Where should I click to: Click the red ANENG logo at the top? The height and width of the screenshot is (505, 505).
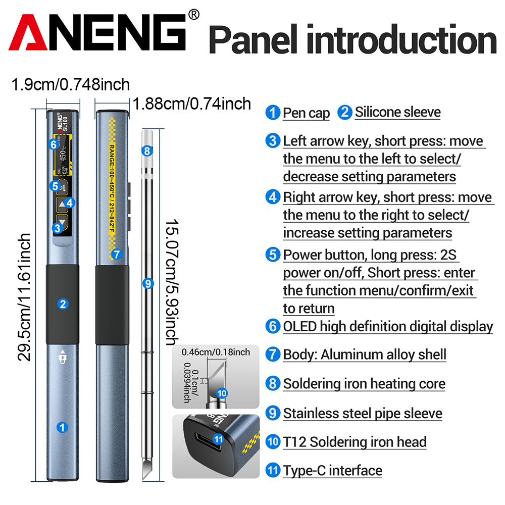[98, 35]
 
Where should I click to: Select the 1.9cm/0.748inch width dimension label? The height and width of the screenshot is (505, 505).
[71, 84]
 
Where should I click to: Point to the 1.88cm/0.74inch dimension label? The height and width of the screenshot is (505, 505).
[192, 104]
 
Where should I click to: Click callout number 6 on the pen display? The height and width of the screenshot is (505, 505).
[54, 144]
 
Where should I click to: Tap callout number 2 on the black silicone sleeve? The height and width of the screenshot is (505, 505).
[63, 304]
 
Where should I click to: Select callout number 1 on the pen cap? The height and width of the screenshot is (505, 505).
[63, 427]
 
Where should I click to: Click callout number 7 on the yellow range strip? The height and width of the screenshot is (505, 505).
[117, 254]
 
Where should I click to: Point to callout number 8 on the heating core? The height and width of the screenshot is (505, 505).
[147, 150]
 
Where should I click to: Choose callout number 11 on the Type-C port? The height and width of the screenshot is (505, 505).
[218, 439]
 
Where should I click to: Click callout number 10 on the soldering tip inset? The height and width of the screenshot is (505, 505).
[222, 392]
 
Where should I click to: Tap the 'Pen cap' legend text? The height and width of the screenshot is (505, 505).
[306, 113]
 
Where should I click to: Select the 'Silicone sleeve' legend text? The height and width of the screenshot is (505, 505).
[397, 112]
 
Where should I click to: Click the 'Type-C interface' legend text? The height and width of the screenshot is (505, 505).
[332, 471]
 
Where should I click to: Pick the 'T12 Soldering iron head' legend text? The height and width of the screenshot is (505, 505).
[355, 442]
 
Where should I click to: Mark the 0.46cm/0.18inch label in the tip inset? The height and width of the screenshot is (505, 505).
[216, 352]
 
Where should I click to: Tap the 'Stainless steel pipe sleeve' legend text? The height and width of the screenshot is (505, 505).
[362, 414]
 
